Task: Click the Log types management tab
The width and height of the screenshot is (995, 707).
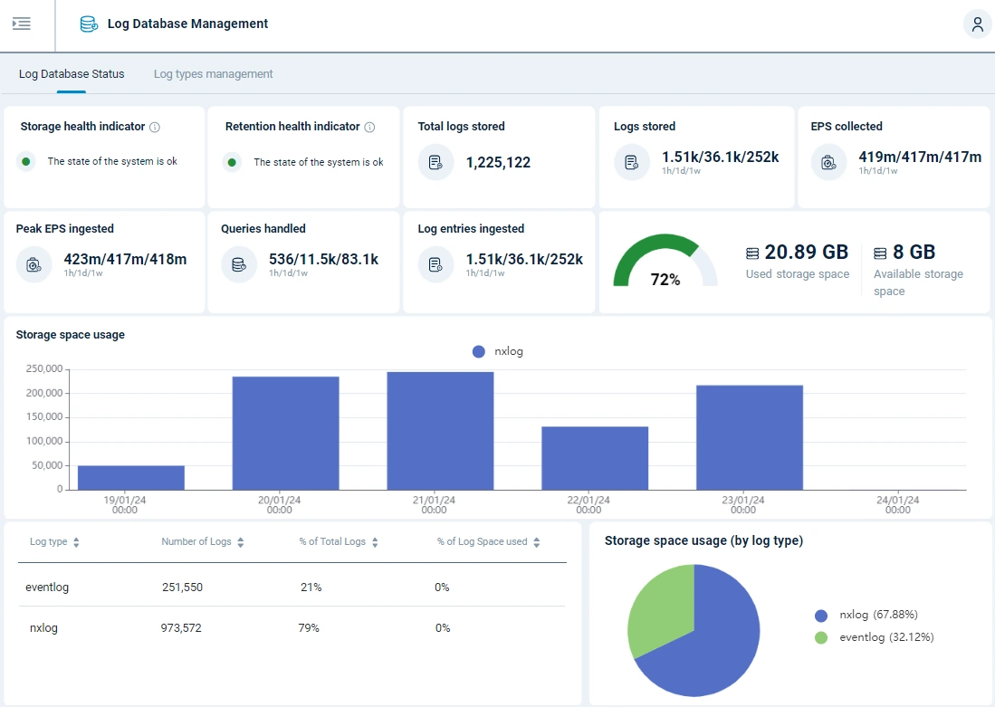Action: click(x=213, y=74)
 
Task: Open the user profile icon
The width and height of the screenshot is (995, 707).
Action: click(x=977, y=24)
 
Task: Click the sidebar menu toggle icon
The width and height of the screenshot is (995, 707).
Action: click(x=22, y=24)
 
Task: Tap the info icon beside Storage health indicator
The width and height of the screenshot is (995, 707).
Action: click(x=155, y=128)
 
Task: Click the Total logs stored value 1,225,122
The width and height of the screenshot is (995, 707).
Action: click(x=498, y=163)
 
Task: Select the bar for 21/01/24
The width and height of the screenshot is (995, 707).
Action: click(x=440, y=430)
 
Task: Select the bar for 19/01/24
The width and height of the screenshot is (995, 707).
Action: click(x=131, y=477)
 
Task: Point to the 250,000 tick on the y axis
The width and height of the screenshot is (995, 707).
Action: click(x=43, y=369)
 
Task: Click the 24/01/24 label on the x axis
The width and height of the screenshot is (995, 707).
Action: click(x=897, y=504)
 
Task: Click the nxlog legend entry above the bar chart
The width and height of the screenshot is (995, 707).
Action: click(x=498, y=351)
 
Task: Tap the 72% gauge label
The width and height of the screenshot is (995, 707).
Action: click(x=665, y=280)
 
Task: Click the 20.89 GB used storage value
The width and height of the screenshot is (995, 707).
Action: click(x=806, y=253)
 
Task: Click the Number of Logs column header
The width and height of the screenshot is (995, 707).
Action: click(x=196, y=542)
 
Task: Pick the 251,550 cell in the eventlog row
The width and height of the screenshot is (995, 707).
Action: click(x=182, y=588)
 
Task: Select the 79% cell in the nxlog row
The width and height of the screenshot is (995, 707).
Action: click(x=310, y=628)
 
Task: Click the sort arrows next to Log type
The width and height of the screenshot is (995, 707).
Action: click(x=76, y=542)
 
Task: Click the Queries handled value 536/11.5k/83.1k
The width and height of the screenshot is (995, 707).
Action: click(x=323, y=260)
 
